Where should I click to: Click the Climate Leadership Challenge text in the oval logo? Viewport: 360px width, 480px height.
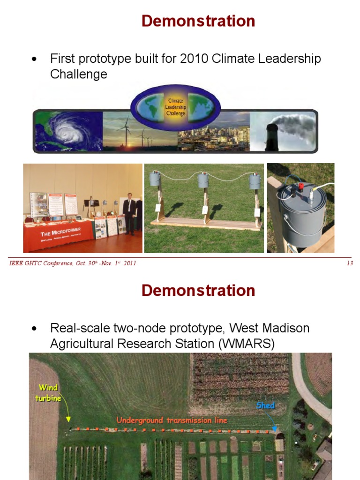point(175,107)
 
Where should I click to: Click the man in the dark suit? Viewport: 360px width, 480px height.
point(129,213)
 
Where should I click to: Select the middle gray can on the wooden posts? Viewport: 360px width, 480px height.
point(202,180)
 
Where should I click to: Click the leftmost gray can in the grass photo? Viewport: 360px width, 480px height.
point(155,179)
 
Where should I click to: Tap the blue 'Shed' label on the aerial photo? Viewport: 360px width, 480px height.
point(265,405)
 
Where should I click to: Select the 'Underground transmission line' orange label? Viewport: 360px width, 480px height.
point(172,420)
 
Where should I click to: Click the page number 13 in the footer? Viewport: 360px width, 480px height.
point(349,263)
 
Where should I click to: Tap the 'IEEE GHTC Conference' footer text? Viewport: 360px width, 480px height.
point(40,263)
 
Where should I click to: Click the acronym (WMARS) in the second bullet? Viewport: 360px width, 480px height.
point(246,344)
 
